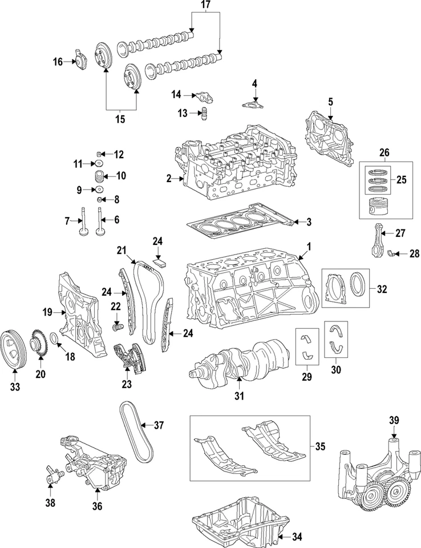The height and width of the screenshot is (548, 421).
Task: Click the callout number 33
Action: tap(15, 387)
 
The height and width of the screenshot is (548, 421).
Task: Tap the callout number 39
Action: tap(393, 421)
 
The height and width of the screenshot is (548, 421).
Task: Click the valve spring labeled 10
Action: tap(100, 176)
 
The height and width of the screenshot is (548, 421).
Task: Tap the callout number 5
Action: tap(330, 102)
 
